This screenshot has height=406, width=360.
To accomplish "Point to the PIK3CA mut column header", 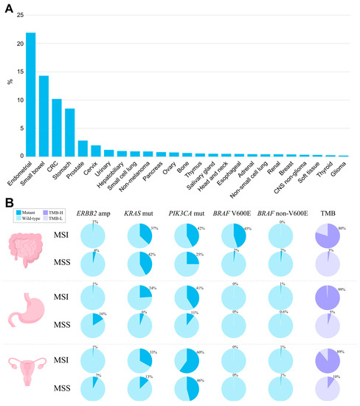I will click(188, 214).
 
